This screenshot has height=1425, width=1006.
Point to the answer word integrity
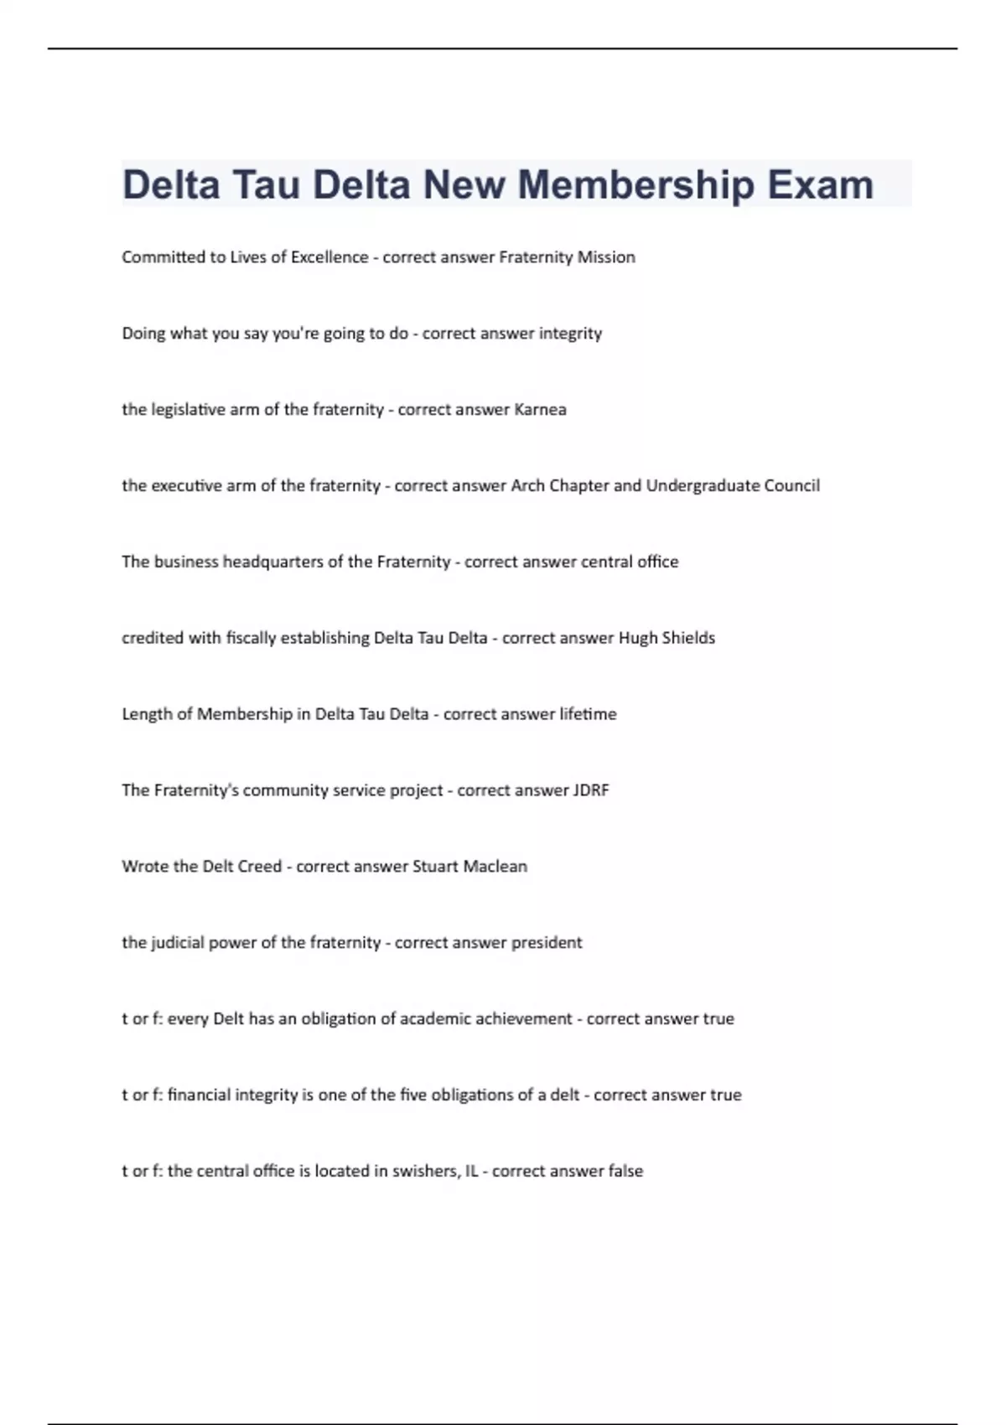(570, 334)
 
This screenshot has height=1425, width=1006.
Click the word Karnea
(540, 410)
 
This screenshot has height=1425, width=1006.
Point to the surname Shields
(688, 638)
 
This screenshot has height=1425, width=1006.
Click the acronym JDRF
(591, 790)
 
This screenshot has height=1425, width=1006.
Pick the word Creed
(259, 867)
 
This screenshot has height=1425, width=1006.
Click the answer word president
(547, 943)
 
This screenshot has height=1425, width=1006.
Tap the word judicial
(178, 943)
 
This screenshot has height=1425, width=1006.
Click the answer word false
(625, 1171)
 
